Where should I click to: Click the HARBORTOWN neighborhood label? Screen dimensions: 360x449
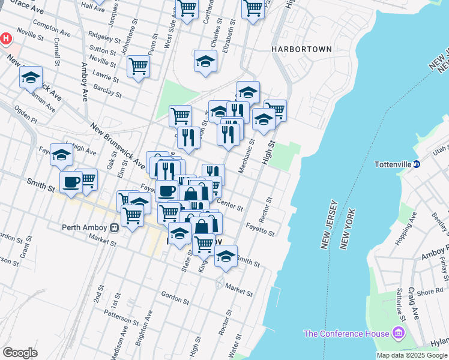coord(301,49)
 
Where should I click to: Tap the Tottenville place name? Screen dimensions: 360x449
coord(391,164)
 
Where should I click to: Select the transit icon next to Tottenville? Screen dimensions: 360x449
coord(416,164)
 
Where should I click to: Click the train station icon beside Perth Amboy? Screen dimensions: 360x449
coord(113,227)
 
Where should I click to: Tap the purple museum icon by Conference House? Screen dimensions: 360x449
coord(397,333)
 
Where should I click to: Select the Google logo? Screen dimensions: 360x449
coord(20,353)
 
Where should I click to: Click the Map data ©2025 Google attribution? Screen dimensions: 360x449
coord(412,355)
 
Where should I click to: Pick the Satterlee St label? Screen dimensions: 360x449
coord(398,304)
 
